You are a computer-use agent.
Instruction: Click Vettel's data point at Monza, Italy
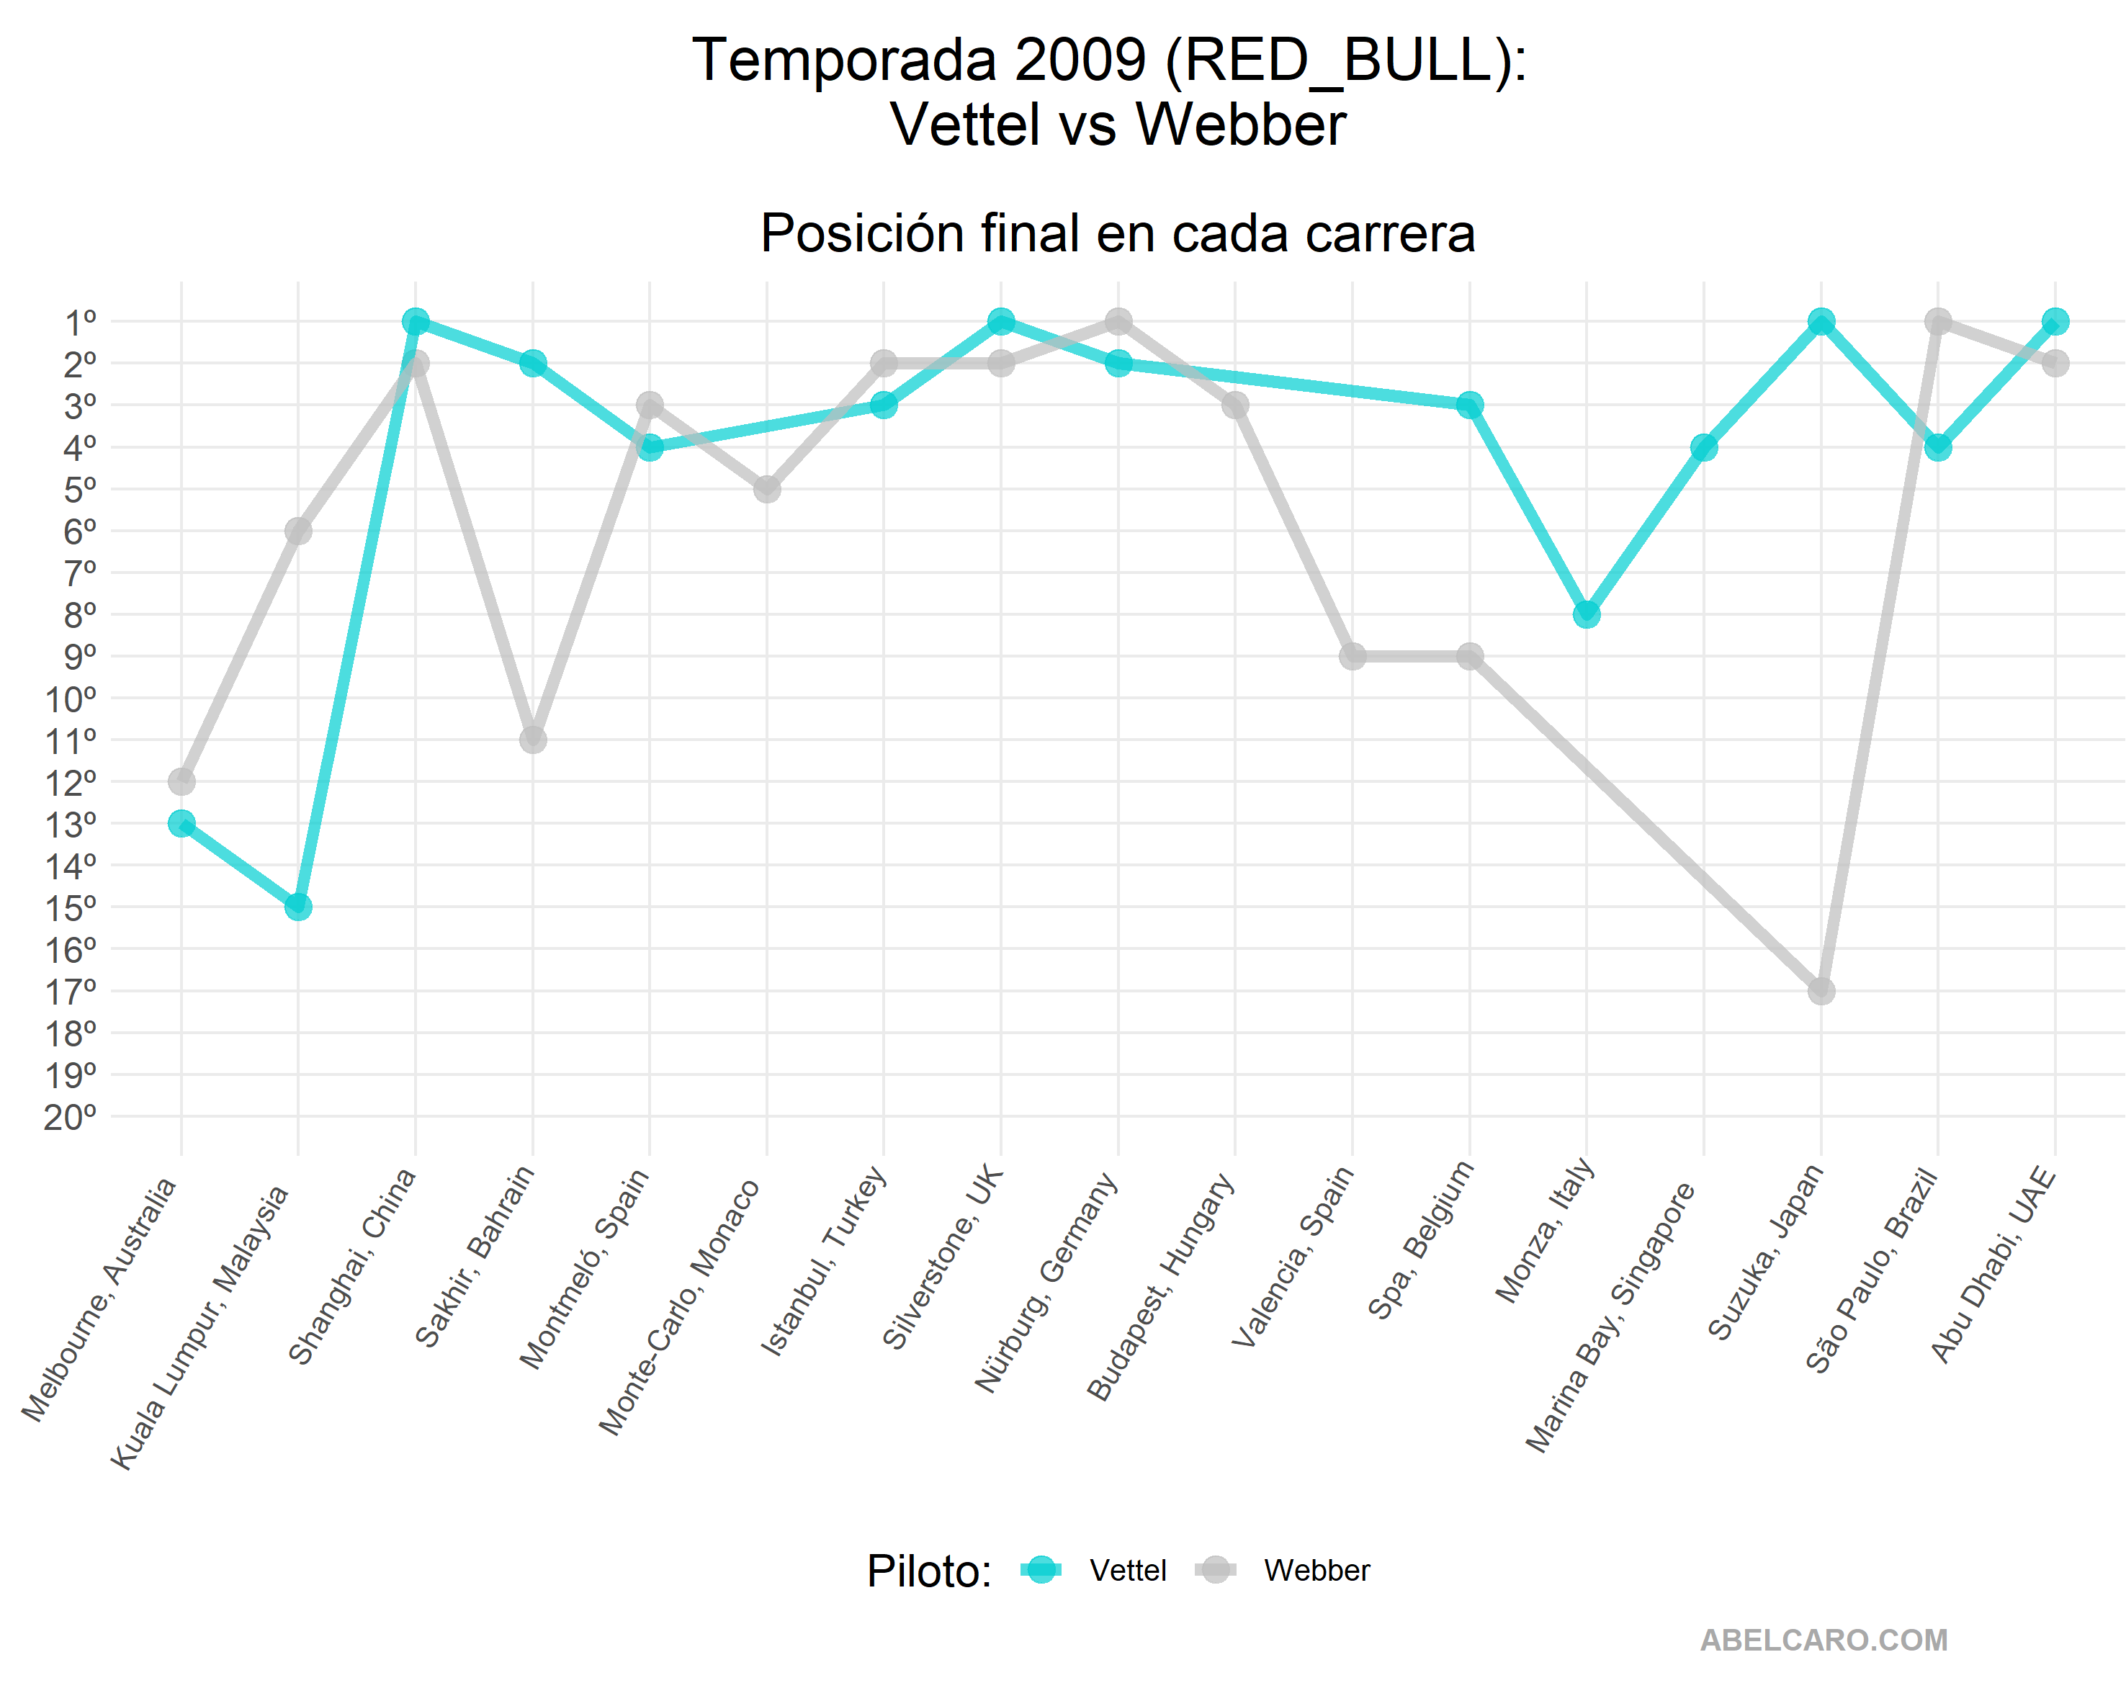1587,614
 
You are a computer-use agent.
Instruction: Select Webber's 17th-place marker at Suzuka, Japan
1821,990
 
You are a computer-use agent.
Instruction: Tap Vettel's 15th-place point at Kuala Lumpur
297,906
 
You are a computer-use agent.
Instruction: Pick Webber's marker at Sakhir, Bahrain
532,740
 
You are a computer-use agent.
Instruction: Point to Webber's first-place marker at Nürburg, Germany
1118,321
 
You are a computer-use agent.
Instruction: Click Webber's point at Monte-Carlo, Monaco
767,489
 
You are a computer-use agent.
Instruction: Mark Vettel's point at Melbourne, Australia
181,822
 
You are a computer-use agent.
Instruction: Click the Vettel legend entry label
1127,1570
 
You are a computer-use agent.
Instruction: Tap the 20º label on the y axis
71,1117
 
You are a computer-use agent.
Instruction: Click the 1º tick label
80,321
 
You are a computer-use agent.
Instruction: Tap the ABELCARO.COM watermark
1824,1640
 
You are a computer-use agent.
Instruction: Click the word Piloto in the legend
928,1571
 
